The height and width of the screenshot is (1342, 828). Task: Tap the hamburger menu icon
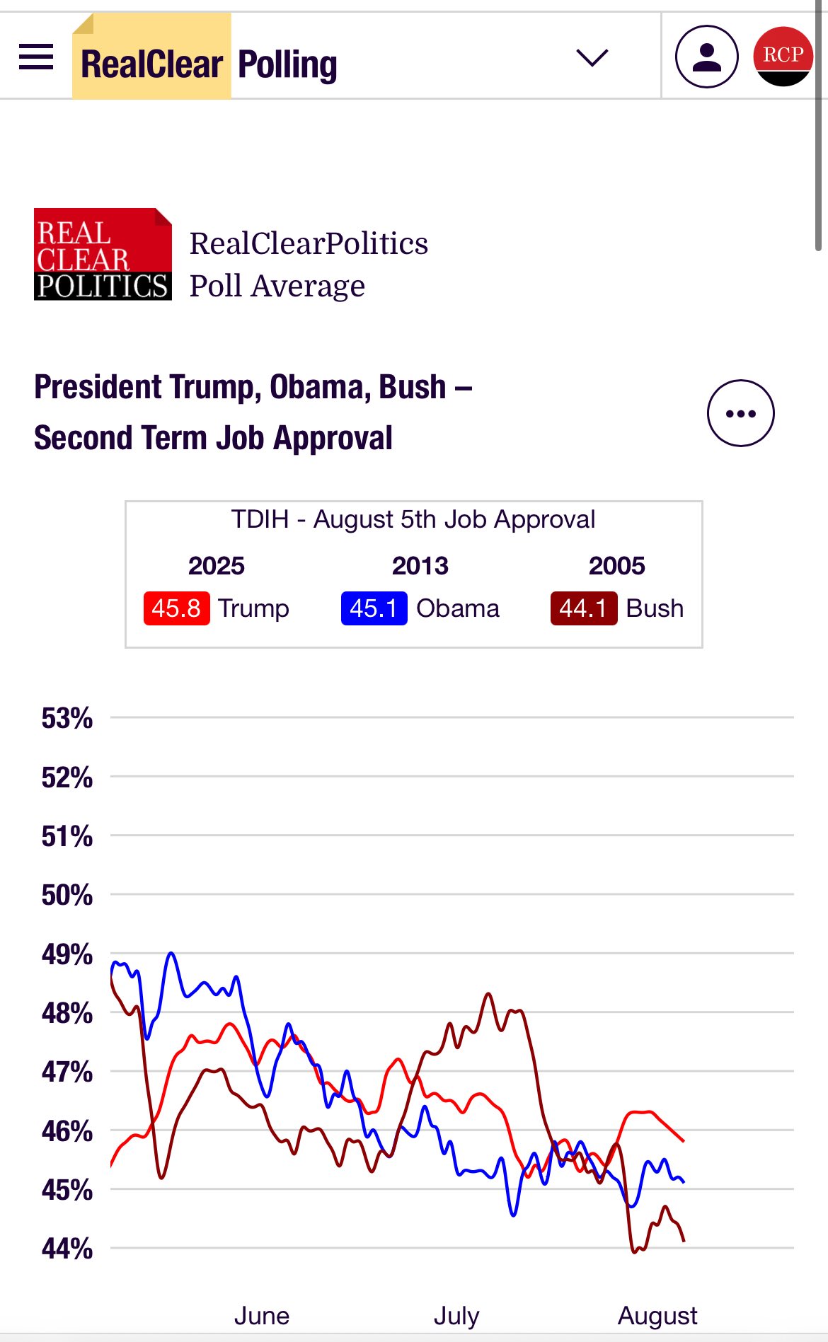pyautogui.click(x=36, y=57)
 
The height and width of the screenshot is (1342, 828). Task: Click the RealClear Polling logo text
pyautogui.click(x=209, y=64)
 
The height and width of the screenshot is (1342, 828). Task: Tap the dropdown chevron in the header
pyautogui.click(x=592, y=57)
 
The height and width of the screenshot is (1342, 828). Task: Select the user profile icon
pyautogui.click(x=706, y=57)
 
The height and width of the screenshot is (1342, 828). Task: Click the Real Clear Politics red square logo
pyautogui.click(x=103, y=254)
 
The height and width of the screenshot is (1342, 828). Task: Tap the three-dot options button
pyautogui.click(x=740, y=413)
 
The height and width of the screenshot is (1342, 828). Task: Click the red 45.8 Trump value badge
pyautogui.click(x=176, y=608)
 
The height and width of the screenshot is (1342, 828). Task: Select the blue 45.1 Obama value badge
pyautogui.click(x=374, y=608)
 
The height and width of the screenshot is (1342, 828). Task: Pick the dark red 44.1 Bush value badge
pyautogui.click(x=583, y=608)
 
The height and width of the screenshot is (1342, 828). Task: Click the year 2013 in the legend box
pyautogui.click(x=420, y=566)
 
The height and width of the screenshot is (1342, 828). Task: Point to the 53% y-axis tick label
pyautogui.click(x=67, y=718)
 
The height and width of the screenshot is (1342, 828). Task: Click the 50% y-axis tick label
pyautogui.click(x=67, y=895)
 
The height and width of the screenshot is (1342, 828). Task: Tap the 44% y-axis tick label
pyautogui.click(x=67, y=1249)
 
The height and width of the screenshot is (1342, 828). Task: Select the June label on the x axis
pyautogui.click(x=261, y=1316)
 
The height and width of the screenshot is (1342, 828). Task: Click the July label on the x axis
pyautogui.click(x=456, y=1316)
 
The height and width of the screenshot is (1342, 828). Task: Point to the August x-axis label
pyautogui.click(x=657, y=1316)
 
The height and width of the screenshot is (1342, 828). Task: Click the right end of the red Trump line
pyautogui.click(x=683, y=1141)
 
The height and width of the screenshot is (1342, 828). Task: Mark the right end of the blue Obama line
pyautogui.click(x=683, y=1181)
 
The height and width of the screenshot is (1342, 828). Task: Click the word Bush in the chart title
pyautogui.click(x=412, y=388)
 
